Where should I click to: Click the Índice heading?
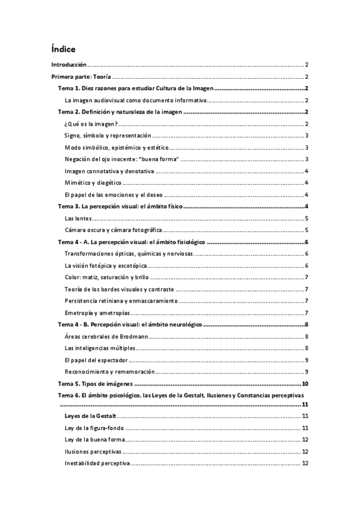63,49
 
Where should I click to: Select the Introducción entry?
69,64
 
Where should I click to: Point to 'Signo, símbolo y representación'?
108,136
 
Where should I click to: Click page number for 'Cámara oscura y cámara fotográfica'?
307,230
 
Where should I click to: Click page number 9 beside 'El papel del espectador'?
307,360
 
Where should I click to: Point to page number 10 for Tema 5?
305,383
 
